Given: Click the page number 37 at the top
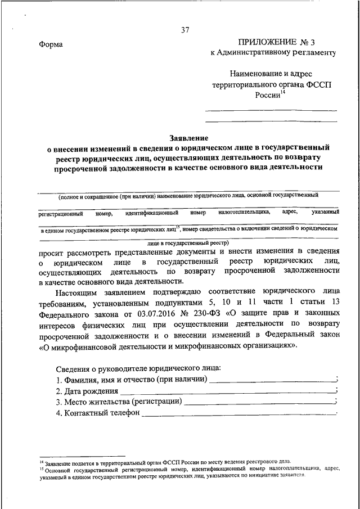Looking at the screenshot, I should pos(186,30).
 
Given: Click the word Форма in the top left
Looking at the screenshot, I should pos(51,45).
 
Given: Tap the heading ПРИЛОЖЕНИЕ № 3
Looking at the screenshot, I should pos(275,42).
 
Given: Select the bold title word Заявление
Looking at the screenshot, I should pos(188,137).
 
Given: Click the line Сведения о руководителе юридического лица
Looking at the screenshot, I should pos(139,368).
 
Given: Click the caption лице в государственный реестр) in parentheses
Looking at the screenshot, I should pos(188,242).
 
